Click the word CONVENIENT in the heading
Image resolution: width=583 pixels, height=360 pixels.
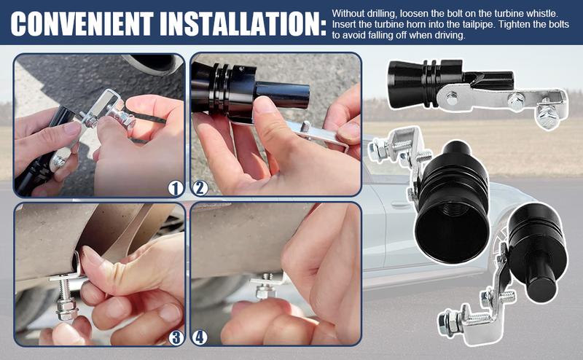[x=82, y=23]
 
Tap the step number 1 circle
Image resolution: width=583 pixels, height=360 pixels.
[x=176, y=188]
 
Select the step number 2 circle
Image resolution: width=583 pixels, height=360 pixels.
[x=200, y=188]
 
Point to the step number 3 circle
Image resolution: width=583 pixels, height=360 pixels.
[x=176, y=337]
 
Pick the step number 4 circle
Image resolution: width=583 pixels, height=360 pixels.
[x=199, y=337]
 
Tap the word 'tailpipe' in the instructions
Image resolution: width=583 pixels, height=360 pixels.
[x=481, y=25]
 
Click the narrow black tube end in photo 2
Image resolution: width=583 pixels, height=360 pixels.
[x=283, y=95]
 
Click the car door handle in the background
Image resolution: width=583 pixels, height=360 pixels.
[x=399, y=204]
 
